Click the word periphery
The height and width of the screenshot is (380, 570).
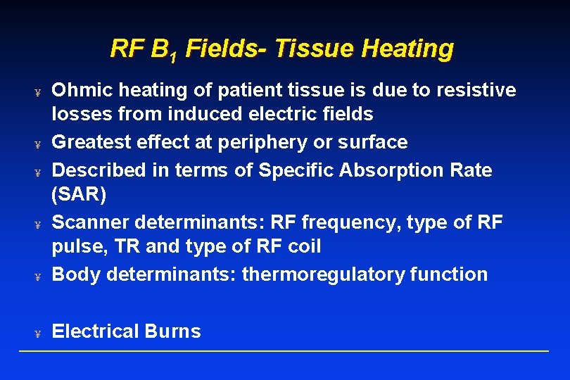[x=259, y=143]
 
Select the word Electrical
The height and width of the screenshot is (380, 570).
[x=95, y=331]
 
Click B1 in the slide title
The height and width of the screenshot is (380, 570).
[x=164, y=49]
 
